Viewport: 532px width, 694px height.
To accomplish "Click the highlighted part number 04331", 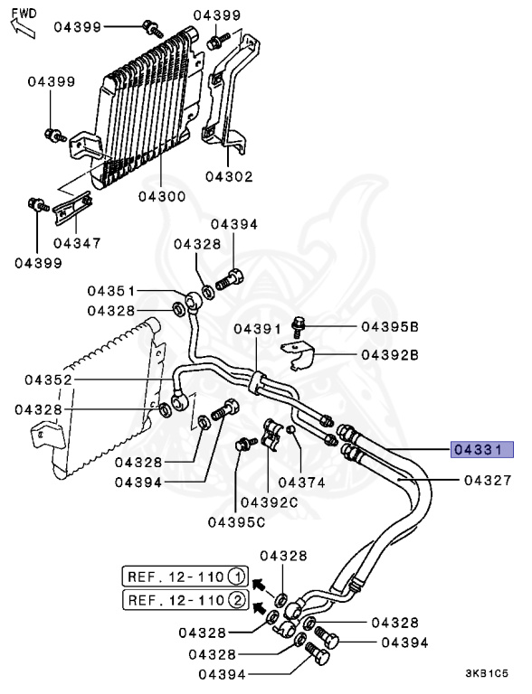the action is click(x=482, y=450).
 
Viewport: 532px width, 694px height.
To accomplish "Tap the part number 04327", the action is click(x=488, y=480).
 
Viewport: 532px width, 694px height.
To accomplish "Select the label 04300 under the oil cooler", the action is click(x=162, y=196).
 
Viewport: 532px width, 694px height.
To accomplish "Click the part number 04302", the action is click(x=229, y=176).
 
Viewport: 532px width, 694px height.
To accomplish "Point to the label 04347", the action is click(x=77, y=243).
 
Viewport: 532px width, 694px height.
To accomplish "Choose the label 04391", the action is click(x=258, y=329).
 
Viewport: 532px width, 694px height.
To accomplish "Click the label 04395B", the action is click(x=390, y=327).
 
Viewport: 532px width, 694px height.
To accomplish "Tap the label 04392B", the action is click(x=390, y=355).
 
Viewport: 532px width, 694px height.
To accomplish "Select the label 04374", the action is click(x=301, y=482).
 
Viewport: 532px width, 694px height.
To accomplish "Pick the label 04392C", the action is click(x=270, y=502).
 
